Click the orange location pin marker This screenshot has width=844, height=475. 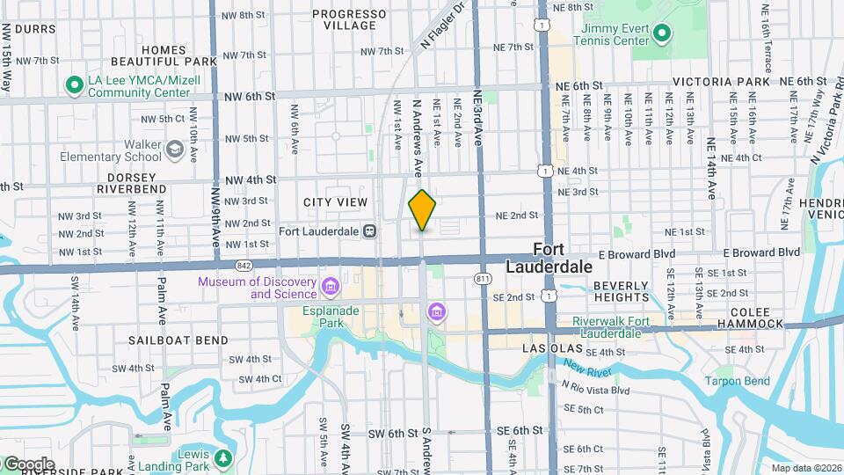pos(422,210)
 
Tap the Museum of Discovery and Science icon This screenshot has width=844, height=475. pos(331,287)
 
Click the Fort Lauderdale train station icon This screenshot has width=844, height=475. pos(370,231)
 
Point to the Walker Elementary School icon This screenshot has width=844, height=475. pos(176,150)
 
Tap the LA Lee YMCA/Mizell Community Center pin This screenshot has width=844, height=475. pos(74,85)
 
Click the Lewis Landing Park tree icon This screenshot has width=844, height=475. pos(223,458)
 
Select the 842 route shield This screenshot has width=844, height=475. pos(244,265)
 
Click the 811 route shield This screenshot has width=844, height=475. pos(483,279)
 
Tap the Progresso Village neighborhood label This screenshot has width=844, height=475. pos(349,19)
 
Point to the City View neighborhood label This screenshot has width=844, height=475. pos(335,202)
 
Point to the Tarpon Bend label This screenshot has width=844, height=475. pos(737,381)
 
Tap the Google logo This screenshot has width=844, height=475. pos(29,464)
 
